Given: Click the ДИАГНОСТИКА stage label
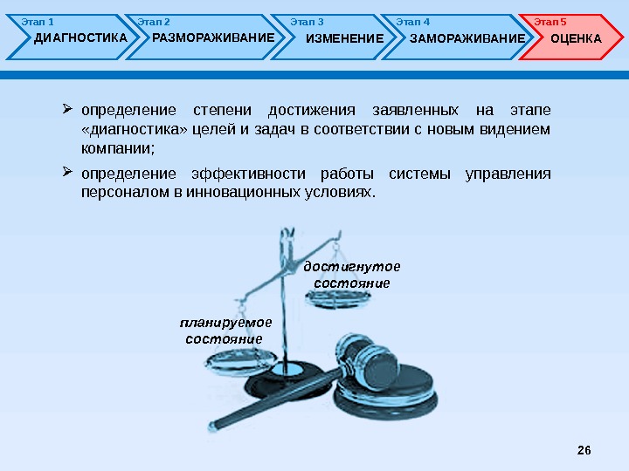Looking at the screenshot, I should (x=80, y=38).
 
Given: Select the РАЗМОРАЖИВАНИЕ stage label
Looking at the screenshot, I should (x=213, y=38).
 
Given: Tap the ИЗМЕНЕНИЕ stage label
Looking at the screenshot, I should (x=345, y=38).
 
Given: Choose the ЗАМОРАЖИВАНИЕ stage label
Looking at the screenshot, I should (x=467, y=38).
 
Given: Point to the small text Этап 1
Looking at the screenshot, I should (x=38, y=21).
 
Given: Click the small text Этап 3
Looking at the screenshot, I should (x=307, y=21).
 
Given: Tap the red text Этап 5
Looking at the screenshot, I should (x=550, y=21).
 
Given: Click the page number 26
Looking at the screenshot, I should (x=584, y=449).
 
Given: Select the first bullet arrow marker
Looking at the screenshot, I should (x=67, y=110).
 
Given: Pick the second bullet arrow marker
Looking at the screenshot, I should (x=67, y=171).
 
